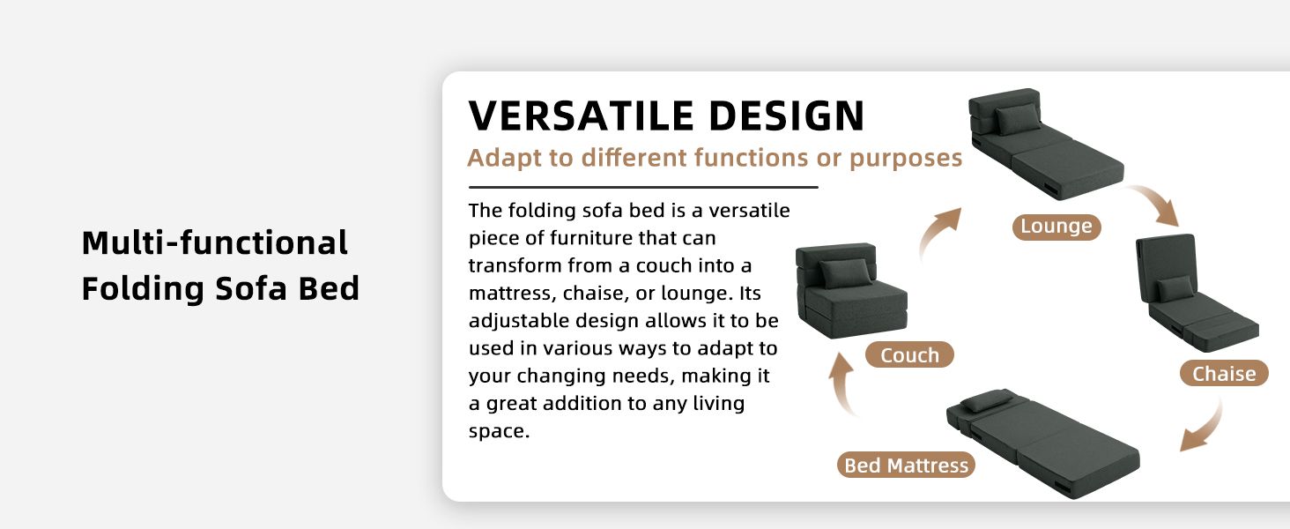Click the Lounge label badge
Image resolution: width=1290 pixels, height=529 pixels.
1056,227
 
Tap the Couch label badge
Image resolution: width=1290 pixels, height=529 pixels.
909,355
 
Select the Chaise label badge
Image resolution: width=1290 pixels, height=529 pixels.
1224,374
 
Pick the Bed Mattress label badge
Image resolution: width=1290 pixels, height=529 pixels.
906,465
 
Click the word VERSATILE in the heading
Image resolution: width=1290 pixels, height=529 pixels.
582,115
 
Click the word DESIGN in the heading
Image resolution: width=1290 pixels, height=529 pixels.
787,115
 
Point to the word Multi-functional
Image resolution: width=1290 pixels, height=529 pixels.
215,242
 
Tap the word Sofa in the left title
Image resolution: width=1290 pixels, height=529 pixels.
251,288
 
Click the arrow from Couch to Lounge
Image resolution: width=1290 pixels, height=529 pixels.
938,234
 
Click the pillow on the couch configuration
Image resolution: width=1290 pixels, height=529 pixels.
845,272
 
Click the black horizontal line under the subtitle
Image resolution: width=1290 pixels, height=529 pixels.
643,187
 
